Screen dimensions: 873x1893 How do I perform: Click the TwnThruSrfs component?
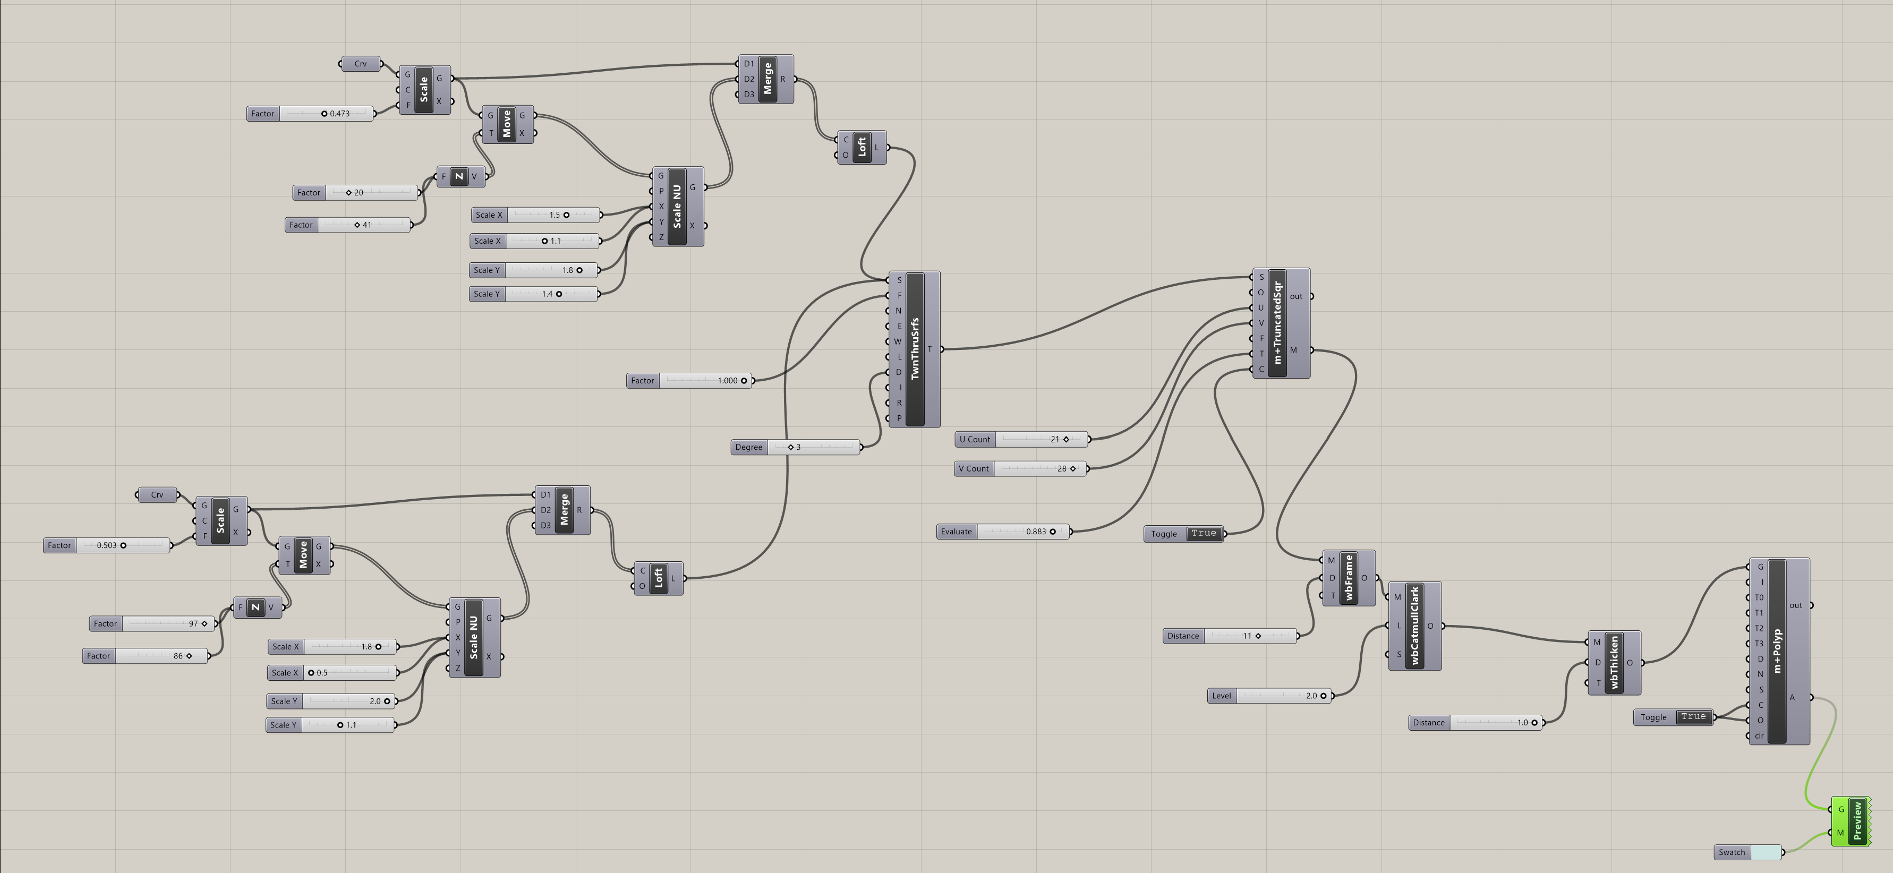(915, 349)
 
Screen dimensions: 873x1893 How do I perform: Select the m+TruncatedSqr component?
(1278, 323)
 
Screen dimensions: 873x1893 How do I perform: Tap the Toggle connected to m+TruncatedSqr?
(1183, 534)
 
